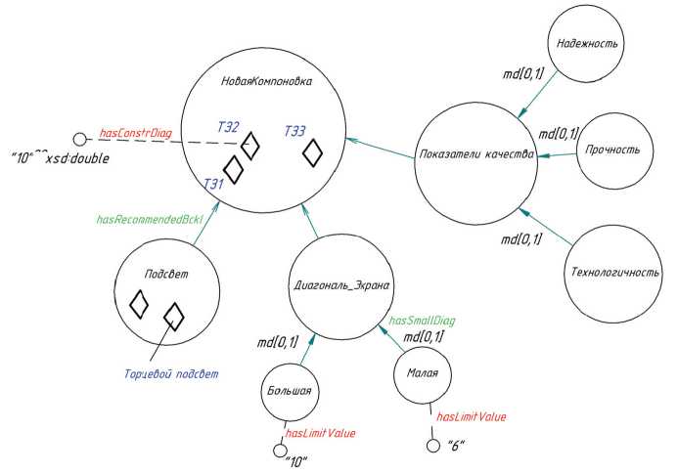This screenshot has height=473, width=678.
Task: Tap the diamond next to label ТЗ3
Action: click(x=313, y=153)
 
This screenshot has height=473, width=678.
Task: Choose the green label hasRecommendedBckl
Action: click(x=149, y=220)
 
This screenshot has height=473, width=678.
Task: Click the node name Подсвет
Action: click(x=160, y=275)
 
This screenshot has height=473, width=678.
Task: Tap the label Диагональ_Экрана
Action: click(x=342, y=286)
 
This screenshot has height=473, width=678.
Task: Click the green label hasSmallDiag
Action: click(x=422, y=320)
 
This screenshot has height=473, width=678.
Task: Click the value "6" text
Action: click(x=455, y=447)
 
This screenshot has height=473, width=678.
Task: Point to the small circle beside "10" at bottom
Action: click(x=279, y=451)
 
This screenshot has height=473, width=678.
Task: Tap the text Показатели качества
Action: click(x=475, y=155)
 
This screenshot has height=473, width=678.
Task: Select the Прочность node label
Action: click(x=613, y=150)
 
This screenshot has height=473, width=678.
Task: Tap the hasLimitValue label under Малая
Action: click(x=471, y=417)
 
